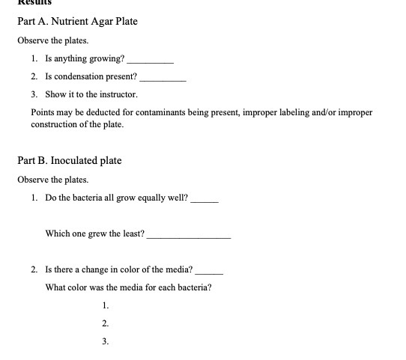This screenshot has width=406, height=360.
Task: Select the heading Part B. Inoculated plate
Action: [69, 160]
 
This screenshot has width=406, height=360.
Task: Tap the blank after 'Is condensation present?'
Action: [163, 77]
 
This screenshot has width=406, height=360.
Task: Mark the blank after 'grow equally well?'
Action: [204, 199]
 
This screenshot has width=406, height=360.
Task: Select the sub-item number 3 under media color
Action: [105, 341]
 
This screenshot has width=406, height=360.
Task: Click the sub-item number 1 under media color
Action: [105, 305]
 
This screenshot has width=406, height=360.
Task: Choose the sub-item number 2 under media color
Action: [105, 323]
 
